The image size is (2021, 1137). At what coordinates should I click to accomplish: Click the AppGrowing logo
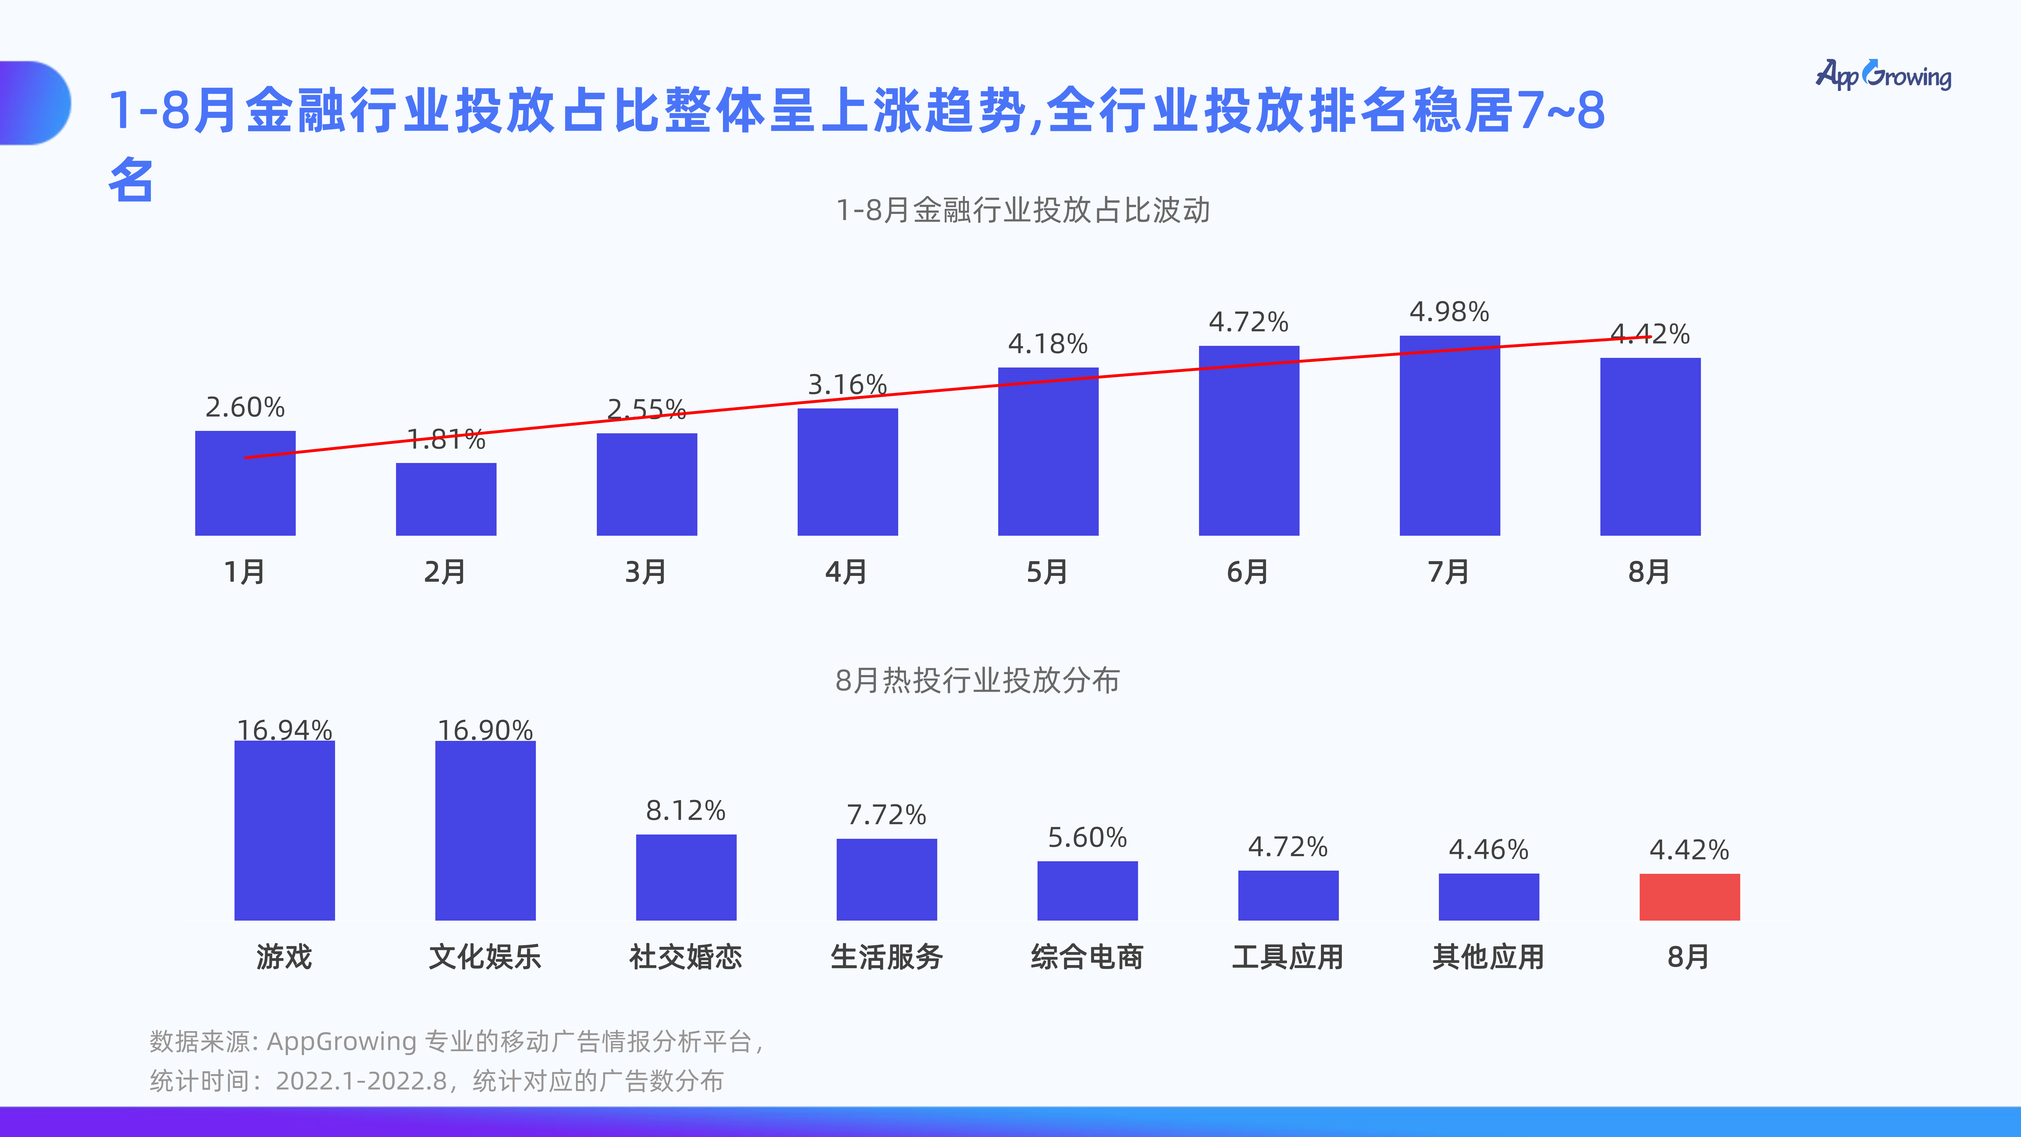(1883, 75)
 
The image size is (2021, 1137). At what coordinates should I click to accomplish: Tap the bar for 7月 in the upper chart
(1449, 436)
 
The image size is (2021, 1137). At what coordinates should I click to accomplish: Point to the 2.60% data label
(245, 407)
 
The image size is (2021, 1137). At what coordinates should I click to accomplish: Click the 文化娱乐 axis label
(485, 956)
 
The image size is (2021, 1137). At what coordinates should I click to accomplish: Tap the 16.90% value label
(485, 730)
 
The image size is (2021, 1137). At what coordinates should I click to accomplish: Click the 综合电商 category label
(1088, 956)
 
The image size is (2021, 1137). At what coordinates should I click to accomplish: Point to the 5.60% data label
(1088, 837)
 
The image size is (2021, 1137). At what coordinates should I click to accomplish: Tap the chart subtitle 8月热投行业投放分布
(978, 680)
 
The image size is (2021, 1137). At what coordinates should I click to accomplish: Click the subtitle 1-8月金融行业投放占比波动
(1023, 210)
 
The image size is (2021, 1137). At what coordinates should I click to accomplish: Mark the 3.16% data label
(847, 385)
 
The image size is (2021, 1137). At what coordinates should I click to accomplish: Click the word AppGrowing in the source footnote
(341, 1041)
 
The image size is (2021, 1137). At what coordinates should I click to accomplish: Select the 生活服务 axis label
(886, 956)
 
